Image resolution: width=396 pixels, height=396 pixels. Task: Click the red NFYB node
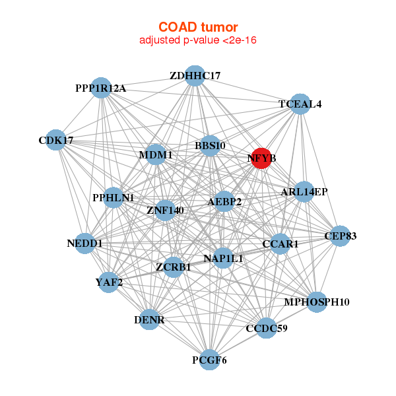(261, 158)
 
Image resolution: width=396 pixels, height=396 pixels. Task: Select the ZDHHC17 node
(195, 75)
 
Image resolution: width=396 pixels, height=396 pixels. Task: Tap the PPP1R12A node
(101, 88)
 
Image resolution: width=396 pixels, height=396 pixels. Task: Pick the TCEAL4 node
(300, 104)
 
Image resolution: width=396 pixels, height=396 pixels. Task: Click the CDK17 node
(55, 140)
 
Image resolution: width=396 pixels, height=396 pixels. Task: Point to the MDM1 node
(156, 154)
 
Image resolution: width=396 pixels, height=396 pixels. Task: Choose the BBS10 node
(210, 145)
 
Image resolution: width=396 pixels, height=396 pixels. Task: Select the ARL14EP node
(304, 191)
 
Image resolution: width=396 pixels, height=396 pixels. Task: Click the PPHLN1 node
(114, 197)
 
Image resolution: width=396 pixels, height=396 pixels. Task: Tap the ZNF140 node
(165, 210)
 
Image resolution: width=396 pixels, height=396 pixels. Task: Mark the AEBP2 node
(224, 201)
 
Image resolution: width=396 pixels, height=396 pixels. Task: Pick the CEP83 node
(340, 236)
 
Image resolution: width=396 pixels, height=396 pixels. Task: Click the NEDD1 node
(85, 244)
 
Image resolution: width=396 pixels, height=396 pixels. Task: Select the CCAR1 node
(280, 244)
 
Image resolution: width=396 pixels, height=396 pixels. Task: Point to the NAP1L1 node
(223, 258)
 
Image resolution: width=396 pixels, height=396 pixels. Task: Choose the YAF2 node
(109, 282)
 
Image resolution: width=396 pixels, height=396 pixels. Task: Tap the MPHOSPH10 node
(317, 302)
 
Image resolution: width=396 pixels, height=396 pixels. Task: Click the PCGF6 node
(209, 360)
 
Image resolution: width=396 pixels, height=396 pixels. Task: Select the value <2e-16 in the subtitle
(240, 40)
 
